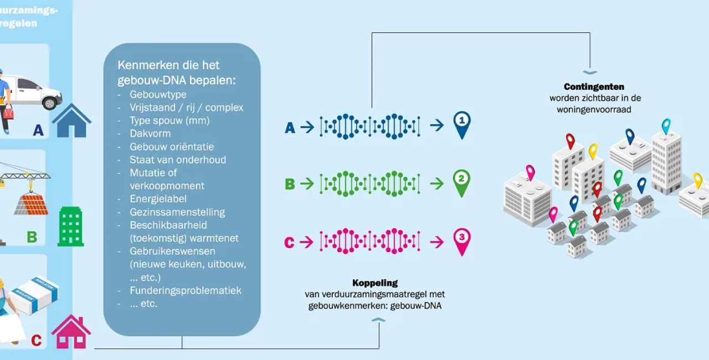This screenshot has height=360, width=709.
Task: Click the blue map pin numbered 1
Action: pyautogui.click(x=461, y=123)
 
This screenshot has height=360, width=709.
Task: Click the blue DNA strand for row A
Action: pyautogui.click(x=370, y=127)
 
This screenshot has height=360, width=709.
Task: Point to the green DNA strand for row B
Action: pyautogui.click(x=370, y=184)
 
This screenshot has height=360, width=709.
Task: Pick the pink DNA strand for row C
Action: pyautogui.click(x=370, y=241)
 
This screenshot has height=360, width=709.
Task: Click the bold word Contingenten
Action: pyautogui.click(x=594, y=86)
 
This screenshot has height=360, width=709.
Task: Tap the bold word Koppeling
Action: pyautogui.click(x=375, y=283)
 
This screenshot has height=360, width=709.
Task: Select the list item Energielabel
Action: pyautogui.click(x=158, y=199)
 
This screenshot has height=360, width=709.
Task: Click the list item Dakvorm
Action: pyautogui.click(x=150, y=133)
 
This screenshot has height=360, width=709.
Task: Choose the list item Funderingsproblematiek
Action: pyautogui.click(x=186, y=290)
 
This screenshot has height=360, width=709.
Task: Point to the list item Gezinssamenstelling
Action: pyautogui.click(x=177, y=212)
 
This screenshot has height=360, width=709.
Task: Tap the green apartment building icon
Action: pyautogui.click(x=71, y=227)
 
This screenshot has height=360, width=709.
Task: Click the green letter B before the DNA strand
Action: pyautogui.click(x=290, y=184)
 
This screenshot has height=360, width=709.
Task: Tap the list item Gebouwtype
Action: pyautogui.click(x=158, y=94)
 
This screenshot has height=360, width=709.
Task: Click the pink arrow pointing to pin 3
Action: pyautogui.click(x=437, y=242)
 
